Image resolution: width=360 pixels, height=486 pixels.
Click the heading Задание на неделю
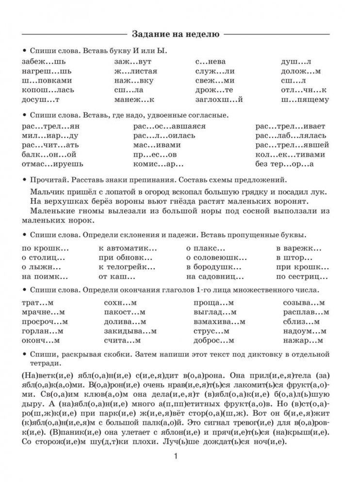[176, 34]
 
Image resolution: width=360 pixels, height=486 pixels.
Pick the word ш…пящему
[305, 100]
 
